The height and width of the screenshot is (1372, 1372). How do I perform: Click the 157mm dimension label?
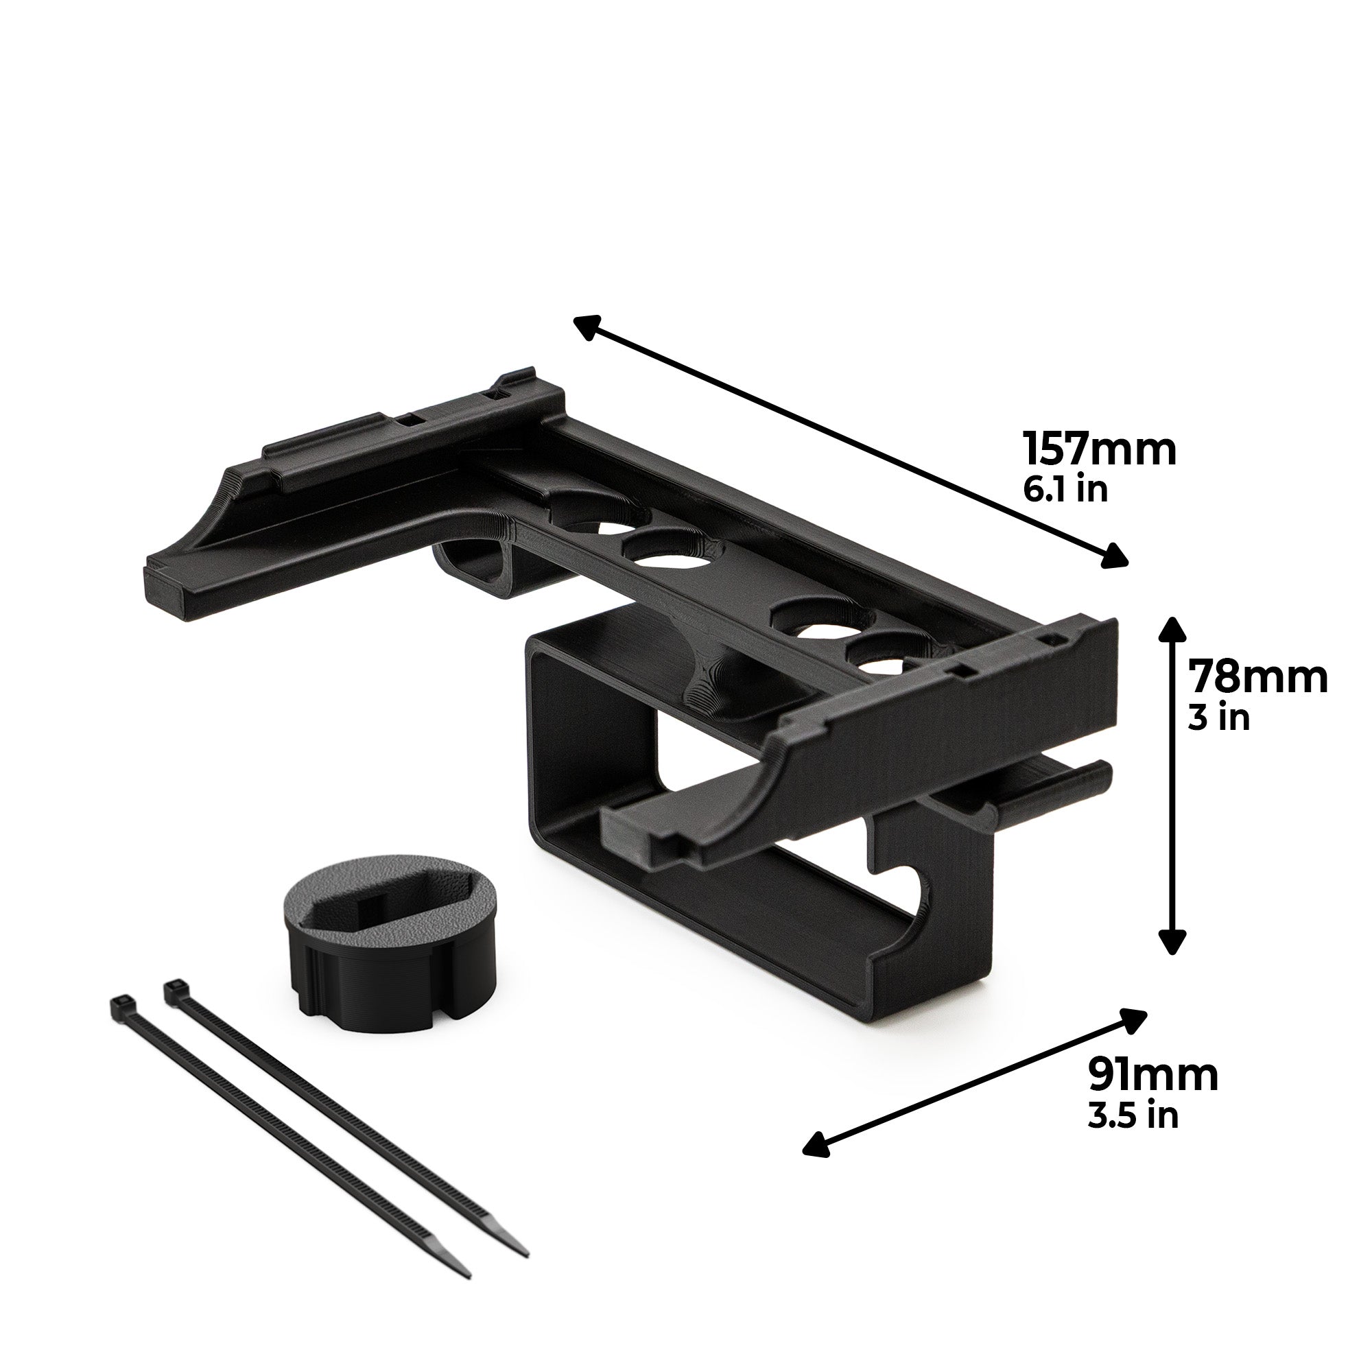tap(1099, 449)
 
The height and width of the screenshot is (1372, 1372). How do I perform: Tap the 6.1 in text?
tap(1065, 489)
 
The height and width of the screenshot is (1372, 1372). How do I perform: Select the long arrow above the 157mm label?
tap(851, 442)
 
